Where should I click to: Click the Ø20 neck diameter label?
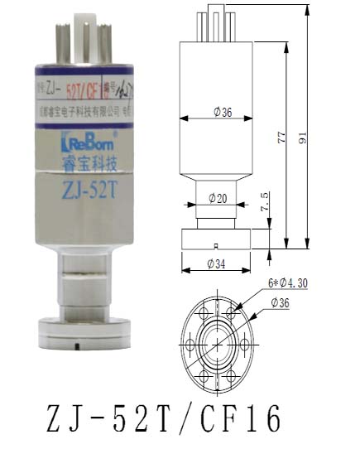(x=218, y=198)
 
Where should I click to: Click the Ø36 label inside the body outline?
(x=221, y=113)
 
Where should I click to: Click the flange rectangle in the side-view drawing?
(x=214, y=239)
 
